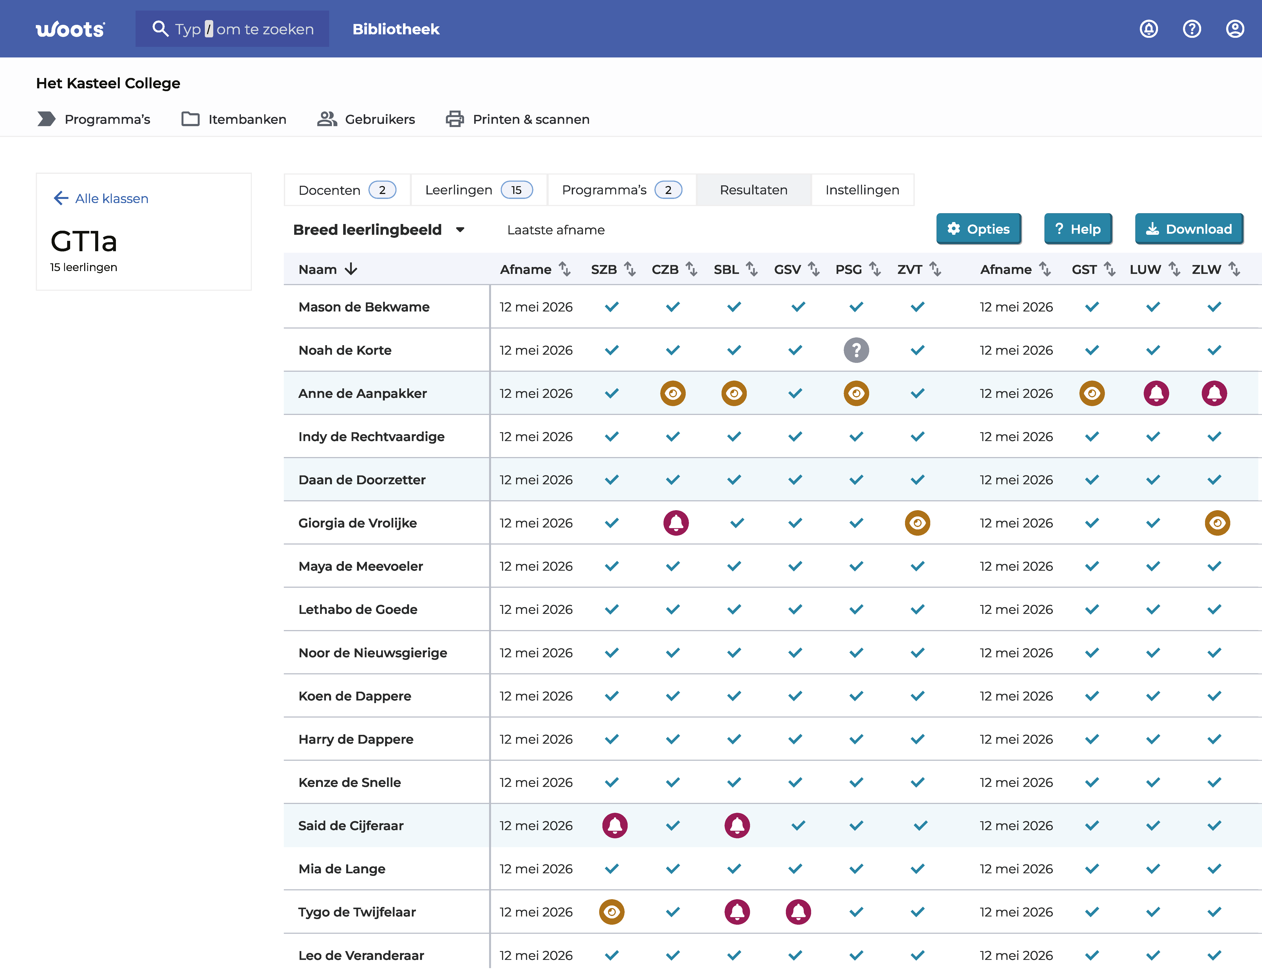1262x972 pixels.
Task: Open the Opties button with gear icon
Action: (978, 229)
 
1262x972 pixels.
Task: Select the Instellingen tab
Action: (862, 190)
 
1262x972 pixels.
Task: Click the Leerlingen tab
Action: (479, 190)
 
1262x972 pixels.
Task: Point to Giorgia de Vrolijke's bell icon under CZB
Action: (676, 523)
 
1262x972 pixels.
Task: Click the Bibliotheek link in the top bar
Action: (396, 29)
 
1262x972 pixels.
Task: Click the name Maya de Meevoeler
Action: (361, 566)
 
